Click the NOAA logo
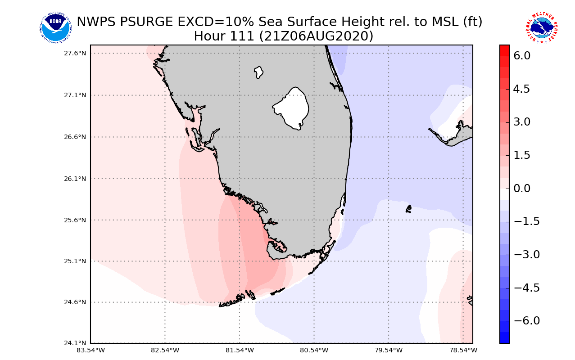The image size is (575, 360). (x=55, y=28)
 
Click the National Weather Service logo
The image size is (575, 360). (x=541, y=28)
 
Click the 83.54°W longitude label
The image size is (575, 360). (x=91, y=350)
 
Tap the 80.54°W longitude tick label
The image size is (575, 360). (x=314, y=350)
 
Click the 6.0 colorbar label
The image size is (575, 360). (x=521, y=56)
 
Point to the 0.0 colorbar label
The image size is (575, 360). (x=521, y=188)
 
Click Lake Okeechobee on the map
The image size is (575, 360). (x=291, y=108)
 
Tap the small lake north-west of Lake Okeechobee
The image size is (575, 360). (x=258, y=72)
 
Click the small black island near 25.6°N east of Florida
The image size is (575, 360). (x=408, y=209)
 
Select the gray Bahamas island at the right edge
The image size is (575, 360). (x=462, y=134)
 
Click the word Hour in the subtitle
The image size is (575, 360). (x=210, y=36)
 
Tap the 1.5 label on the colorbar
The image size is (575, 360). (x=521, y=155)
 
